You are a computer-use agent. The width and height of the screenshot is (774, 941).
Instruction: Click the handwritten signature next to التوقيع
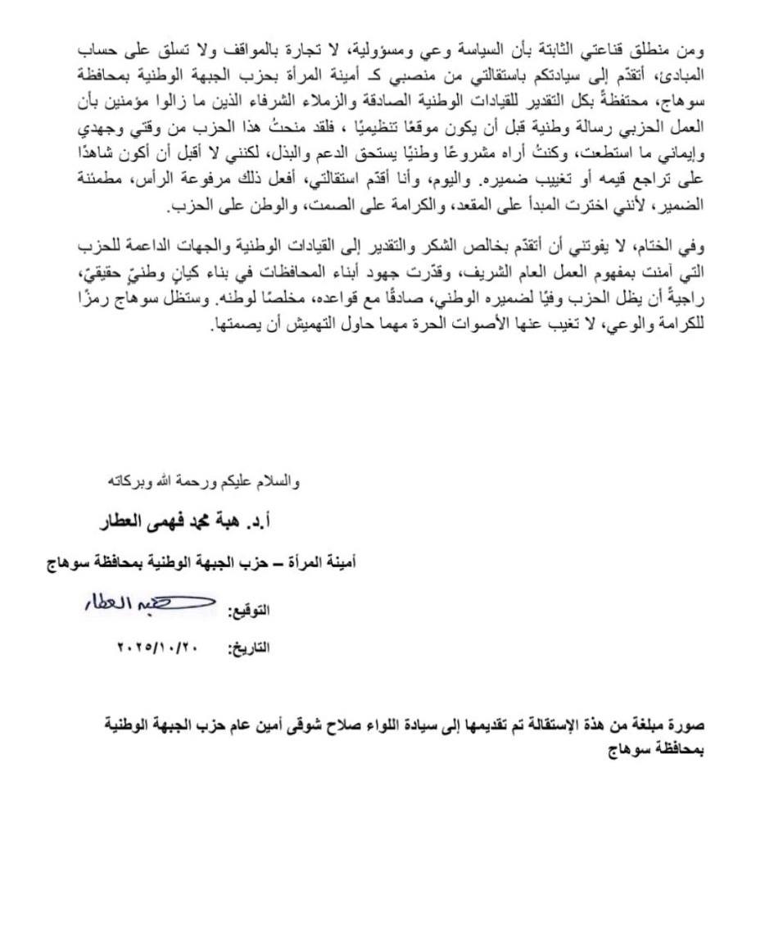tap(151, 606)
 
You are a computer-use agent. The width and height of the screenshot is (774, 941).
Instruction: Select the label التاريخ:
tap(247, 648)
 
